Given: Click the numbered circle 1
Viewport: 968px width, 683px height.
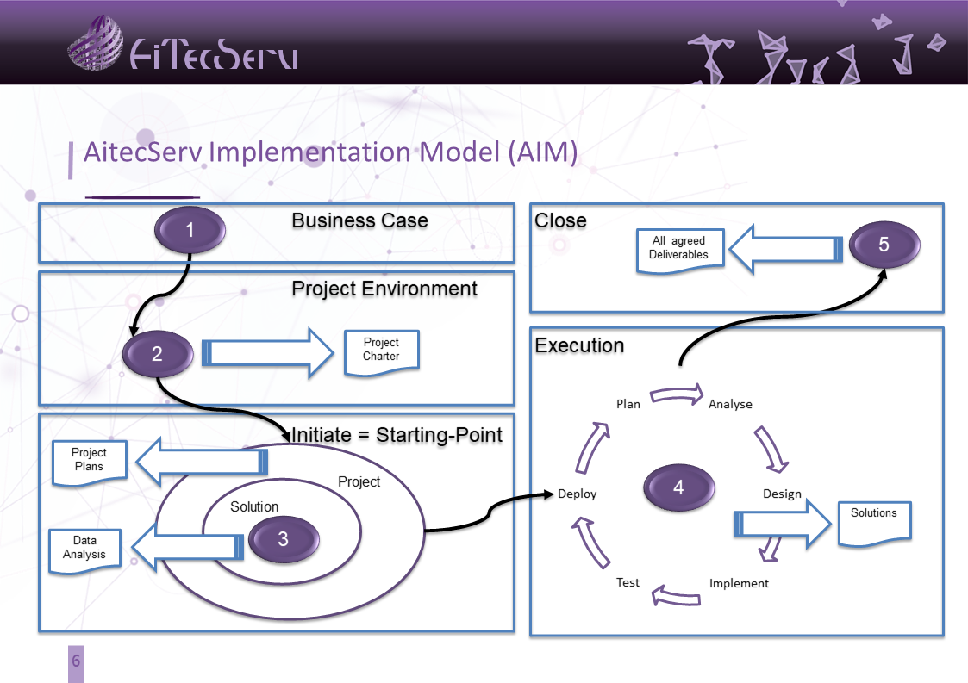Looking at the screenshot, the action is (190, 229).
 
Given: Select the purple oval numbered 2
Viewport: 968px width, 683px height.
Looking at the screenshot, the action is (158, 353).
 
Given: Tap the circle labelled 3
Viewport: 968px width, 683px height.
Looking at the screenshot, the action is (284, 538).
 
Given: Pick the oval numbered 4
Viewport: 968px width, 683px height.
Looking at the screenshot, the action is (678, 487).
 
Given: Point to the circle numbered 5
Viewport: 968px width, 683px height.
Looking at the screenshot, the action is (884, 245).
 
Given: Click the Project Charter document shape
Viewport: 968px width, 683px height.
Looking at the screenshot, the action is (382, 353).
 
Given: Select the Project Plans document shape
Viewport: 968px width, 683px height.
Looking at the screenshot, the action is (90, 463).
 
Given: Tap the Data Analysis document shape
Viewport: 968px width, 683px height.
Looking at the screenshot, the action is (84, 551).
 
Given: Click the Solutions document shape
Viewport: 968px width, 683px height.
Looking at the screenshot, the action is (874, 524).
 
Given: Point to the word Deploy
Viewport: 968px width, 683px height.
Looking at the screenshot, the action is (578, 494).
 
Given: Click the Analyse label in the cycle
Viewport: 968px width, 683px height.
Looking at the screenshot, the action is (730, 404).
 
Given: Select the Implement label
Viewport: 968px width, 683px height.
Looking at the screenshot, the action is (739, 583).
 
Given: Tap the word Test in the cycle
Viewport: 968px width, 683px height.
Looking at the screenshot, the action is (628, 582).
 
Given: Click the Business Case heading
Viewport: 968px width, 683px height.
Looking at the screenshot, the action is (360, 220).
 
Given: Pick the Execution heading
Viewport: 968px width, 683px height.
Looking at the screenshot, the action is (580, 345).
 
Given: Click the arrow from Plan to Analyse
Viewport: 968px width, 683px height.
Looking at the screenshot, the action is (678, 394).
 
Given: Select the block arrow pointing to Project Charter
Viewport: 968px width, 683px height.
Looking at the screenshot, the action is (268, 353).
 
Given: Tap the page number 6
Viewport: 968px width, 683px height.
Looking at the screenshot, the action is (76, 661).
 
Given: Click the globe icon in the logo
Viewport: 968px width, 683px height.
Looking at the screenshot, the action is (95, 43).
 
